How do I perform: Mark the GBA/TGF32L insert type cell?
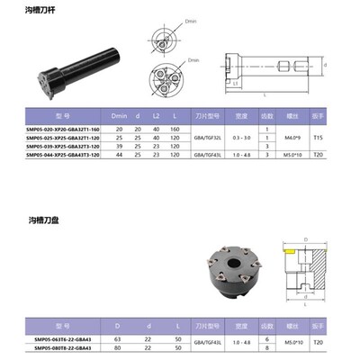pyautogui.click(x=208, y=138)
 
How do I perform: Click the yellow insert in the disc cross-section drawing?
pyautogui.click(x=291, y=255)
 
